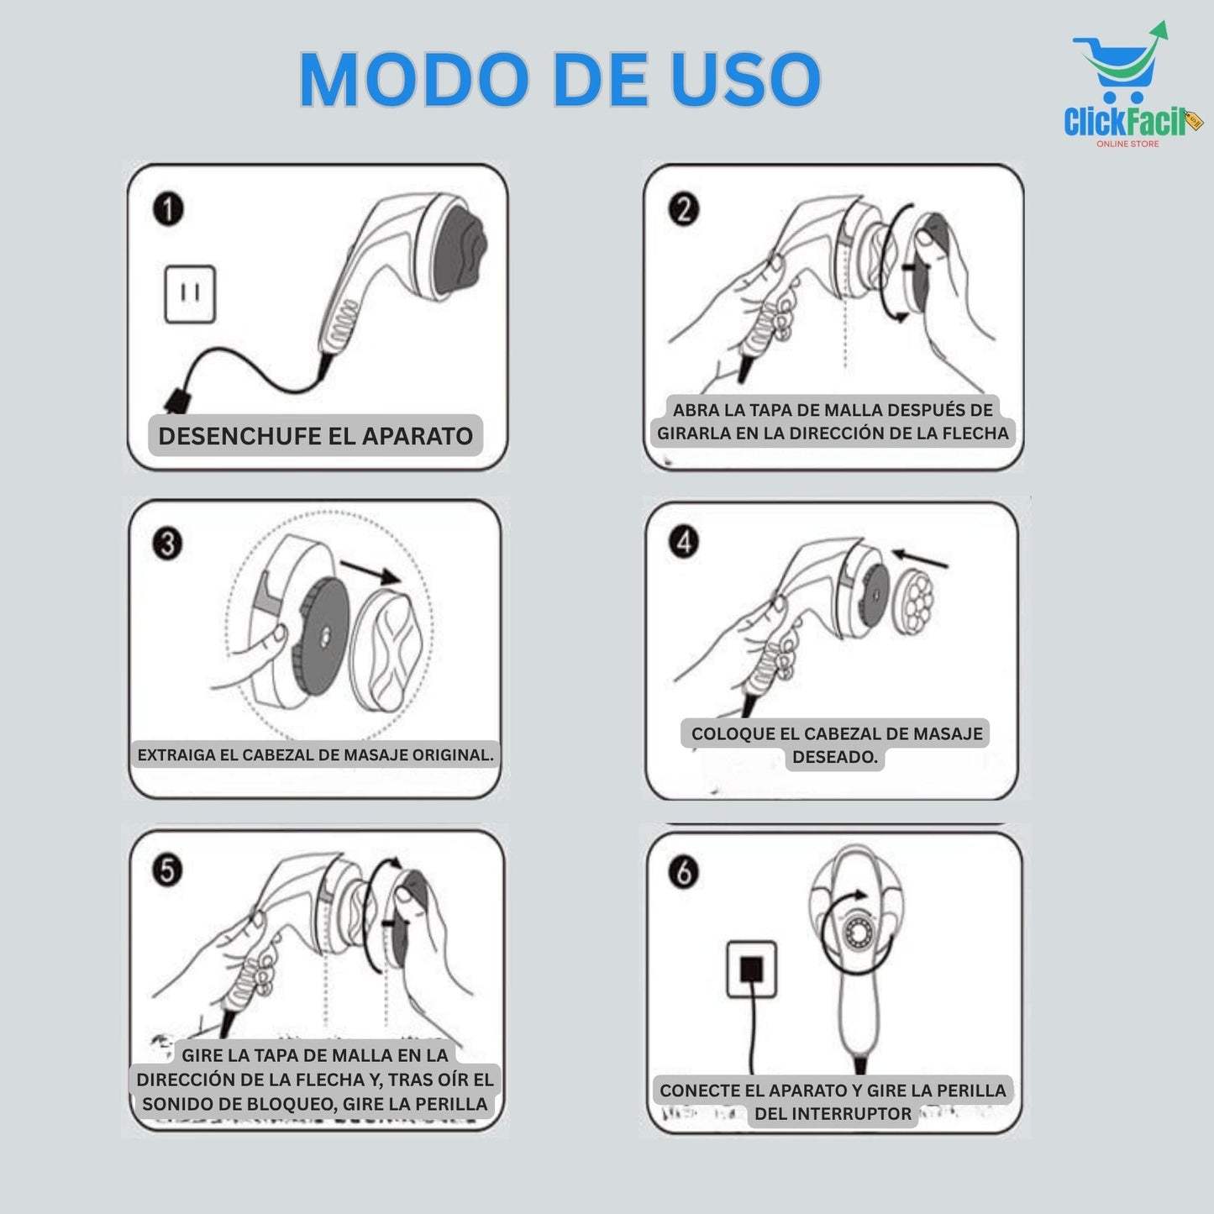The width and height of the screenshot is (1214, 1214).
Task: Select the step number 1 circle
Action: (168, 209)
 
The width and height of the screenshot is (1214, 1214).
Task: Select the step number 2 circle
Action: (683, 209)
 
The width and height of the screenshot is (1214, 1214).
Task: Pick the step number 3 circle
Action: (168, 544)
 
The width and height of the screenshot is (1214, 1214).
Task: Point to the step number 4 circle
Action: (684, 543)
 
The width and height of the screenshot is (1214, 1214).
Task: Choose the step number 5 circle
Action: (168, 870)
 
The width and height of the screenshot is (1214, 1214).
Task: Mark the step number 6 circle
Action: (684, 873)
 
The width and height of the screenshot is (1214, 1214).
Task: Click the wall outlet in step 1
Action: (190, 294)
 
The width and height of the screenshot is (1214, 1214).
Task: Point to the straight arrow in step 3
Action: (370, 573)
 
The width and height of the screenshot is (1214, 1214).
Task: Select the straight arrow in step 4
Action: (920, 559)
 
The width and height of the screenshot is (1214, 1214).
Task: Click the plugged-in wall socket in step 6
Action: (751, 969)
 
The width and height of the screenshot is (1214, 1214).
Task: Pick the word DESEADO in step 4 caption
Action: (834, 757)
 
